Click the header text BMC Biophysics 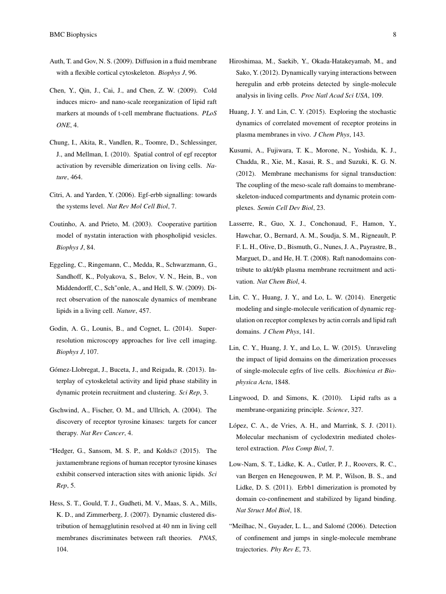(x=73, y=35)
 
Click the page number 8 (x=394, y=35)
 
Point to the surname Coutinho (x=64, y=223)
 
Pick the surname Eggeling (x=63, y=265)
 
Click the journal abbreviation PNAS (x=208, y=538)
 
